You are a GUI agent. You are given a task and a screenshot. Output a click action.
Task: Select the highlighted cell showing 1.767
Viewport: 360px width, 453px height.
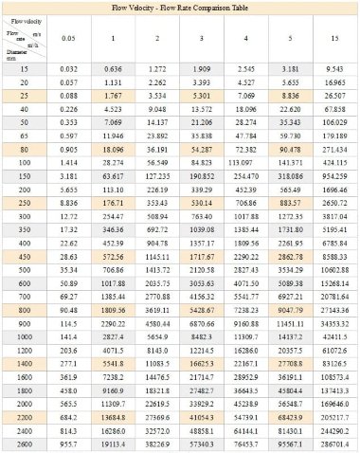click(112, 94)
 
